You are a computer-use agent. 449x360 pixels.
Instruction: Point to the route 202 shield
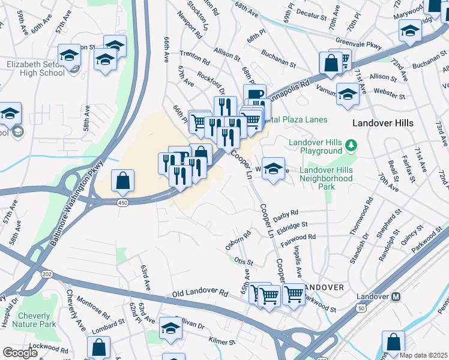point(46,274)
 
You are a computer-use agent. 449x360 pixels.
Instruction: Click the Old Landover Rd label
point(200,294)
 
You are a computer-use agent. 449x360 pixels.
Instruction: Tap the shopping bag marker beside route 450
point(122,180)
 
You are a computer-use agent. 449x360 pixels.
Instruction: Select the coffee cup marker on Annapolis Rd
point(255,95)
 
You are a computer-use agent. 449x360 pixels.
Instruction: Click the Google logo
point(20,353)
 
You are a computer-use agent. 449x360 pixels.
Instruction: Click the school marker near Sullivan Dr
point(170,328)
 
